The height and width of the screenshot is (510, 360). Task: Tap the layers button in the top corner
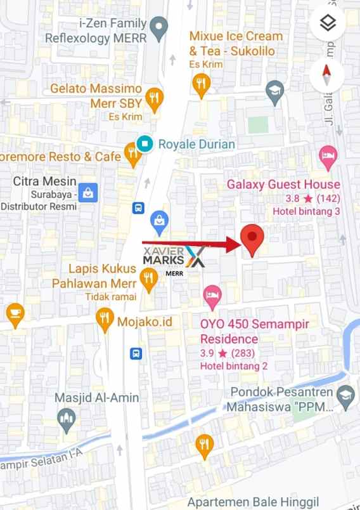tap(327, 23)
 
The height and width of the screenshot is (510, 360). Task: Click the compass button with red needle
tap(327, 75)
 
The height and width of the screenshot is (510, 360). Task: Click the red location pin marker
tap(253, 239)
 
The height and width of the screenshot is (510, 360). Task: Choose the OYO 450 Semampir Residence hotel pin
tap(212, 295)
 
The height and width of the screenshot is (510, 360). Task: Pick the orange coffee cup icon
tap(15, 313)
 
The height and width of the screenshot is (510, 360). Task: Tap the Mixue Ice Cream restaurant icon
tap(202, 84)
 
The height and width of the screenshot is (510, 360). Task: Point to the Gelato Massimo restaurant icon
tap(153, 98)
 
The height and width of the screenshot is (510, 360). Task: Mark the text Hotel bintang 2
tap(234, 366)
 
